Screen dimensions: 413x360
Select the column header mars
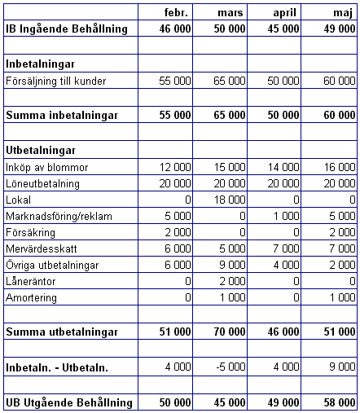point(233,12)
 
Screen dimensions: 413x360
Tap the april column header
point(285,12)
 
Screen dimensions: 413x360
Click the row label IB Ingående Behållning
point(67,29)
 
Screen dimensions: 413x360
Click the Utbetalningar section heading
point(41,150)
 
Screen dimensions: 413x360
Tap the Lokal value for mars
point(233,200)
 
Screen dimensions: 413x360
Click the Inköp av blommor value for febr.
point(177,167)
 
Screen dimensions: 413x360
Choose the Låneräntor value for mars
point(233,281)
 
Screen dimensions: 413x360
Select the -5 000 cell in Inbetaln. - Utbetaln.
point(232,367)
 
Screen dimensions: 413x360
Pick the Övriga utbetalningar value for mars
point(233,265)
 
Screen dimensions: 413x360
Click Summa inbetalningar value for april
point(285,116)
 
